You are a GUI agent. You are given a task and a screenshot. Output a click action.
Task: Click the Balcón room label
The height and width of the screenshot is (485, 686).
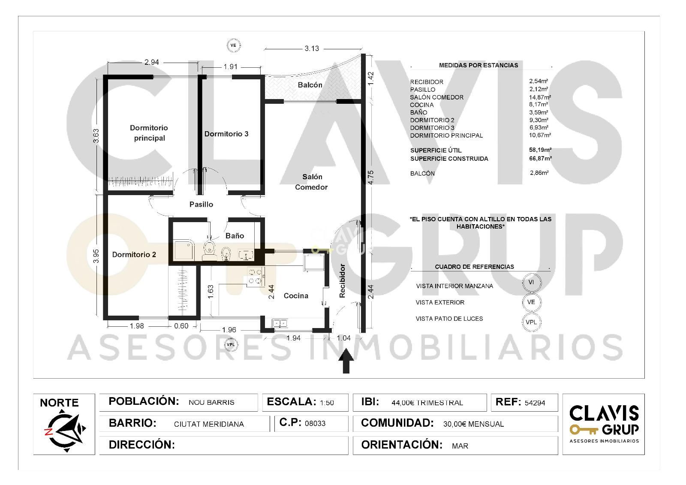click(x=310, y=85)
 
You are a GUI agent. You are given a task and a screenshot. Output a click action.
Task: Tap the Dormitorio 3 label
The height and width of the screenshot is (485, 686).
click(x=226, y=134)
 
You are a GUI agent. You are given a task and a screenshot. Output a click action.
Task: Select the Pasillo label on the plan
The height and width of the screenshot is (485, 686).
click(x=201, y=205)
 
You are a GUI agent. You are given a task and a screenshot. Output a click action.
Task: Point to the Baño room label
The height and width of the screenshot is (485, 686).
click(x=235, y=235)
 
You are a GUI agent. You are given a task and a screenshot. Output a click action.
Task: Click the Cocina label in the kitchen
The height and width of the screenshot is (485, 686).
click(x=296, y=295)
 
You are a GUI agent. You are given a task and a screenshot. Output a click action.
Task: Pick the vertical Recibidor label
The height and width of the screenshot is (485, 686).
click(x=342, y=280)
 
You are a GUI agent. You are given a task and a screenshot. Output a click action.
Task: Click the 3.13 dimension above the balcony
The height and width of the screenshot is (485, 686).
click(x=312, y=48)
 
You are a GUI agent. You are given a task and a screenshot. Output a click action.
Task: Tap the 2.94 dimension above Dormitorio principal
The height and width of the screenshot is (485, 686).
click(x=152, y=62)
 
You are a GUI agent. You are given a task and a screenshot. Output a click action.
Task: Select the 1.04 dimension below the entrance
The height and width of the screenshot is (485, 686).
click(x=343, y=338)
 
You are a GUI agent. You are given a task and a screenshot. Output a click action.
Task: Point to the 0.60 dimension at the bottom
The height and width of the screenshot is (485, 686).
click(x=181, y=326)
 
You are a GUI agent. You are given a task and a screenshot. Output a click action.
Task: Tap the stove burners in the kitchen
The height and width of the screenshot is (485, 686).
click(x=256, y=276)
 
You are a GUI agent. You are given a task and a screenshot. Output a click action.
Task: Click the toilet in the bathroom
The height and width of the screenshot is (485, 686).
click(x=210, y=248)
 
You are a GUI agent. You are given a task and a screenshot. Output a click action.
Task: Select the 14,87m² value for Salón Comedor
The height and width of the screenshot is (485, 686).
click(x=540, y=97)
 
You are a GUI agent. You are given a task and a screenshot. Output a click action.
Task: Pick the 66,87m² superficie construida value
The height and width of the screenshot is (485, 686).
click(x=540, y=158)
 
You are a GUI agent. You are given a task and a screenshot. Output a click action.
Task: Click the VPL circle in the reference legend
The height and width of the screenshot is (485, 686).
click(x=531, y=322)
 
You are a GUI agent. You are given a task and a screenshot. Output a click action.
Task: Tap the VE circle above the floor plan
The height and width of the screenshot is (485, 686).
click(x=233, y=45)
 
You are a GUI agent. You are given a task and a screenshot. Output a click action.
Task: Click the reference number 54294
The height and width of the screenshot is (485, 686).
click(x=535, y=403)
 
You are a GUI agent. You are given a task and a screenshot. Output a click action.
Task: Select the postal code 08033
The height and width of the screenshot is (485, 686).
click(x=315, y=423)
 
